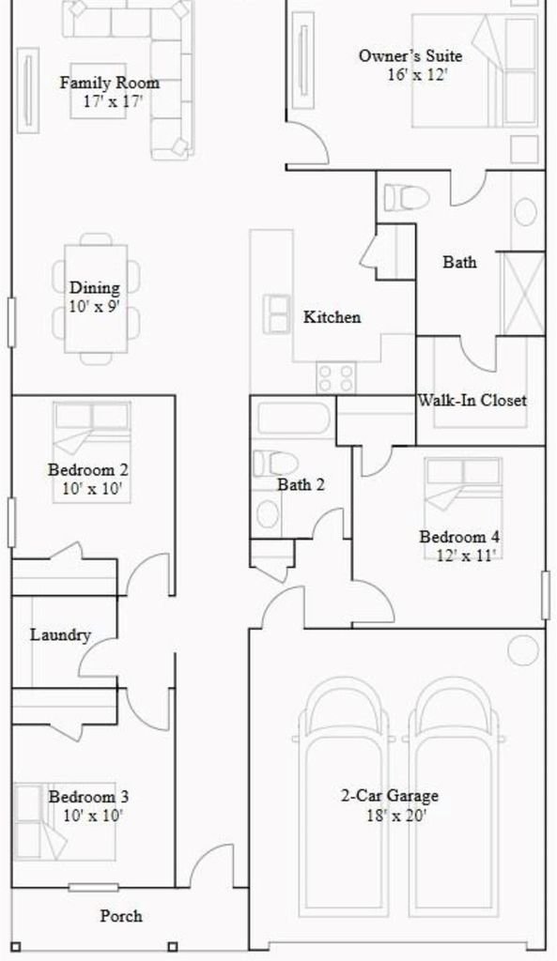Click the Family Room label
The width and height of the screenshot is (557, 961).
pyautogui.click(x=110, y=83)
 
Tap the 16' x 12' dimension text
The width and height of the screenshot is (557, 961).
pyautogui.click(x=418, y=75)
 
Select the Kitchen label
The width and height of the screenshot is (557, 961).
pyautogui.click(x=332, y=317)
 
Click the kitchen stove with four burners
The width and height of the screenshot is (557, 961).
pyautogui.click(x=336, y=377)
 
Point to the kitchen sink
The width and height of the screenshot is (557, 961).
pyautogui.click(x=277, y=313)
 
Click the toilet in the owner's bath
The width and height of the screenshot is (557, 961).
pyautogui.click(x=406, y=198)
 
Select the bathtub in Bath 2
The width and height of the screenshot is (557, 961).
pyautogui.click(x=294, y=418)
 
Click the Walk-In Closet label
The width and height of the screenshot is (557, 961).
pyautogui.click(x=472, y=400)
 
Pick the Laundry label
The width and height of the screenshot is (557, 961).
pyautogui.click(x=61, y=635)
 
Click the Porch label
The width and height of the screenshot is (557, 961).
pyautogui.click(x=121, y=916)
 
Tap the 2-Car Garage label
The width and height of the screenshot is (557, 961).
pyautogui.click(x=390, y=796)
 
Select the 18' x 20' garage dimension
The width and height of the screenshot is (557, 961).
pyautogui.click(x=396, y=816)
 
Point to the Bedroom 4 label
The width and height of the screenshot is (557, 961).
pyautogui.click(x=459, y=537)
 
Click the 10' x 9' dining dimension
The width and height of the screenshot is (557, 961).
pyautogui.click(x=95, y=307)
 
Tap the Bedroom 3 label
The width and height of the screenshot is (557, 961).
pyautogui.click(x=89, y=797)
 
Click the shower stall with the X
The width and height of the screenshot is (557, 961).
pyautogui.click(x=523, y=294)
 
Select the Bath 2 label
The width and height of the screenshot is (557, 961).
pyautogui.click(x=301, y=485)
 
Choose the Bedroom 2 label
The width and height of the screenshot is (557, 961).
pyautogui.click(x=88, y=470)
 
